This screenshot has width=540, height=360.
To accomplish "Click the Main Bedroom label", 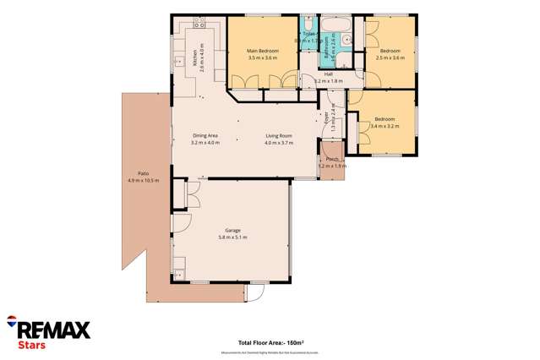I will click(263, 52).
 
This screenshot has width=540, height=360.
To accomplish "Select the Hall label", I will click(327, 74).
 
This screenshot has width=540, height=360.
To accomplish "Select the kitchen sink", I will click(178, 62).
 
